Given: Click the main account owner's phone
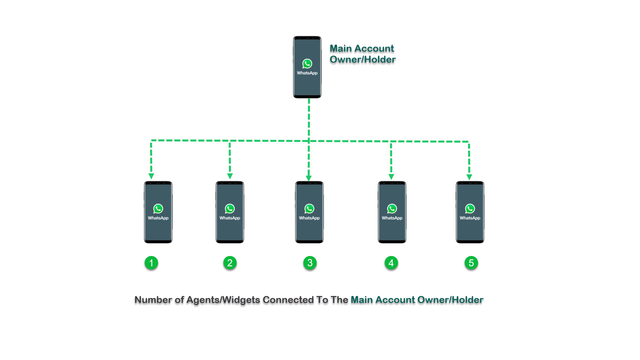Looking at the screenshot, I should pyautogui.click(x=307, y=83).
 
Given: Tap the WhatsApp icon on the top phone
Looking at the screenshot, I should pyautogui.click(x=307, y=64).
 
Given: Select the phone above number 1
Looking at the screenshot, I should pyautogui.click(x=158, y=230).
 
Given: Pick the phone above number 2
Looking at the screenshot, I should pyautogui.click(x=230, y=230).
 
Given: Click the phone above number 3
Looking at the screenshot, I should pyautogui.click(x=309, y=230).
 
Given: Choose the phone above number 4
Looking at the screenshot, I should pyautogui.click(x=392, y=230).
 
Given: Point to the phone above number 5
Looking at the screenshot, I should pyautogui.click(x=470, y=230).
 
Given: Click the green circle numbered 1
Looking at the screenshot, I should pyautogui.click(x=151, y=263).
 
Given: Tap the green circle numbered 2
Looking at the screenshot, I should pyautogui.click(x=230, y=263).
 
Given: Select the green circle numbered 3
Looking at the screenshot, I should pyautogui.click(x=310, y=263).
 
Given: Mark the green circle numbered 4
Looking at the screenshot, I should pyautogui.click(x=391, y=263).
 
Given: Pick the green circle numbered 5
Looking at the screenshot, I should pyautogui.click(x=471, y=263).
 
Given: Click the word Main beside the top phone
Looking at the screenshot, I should pyautogui.click(x=341, y=48).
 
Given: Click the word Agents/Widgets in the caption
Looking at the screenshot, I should pyautogui.click(x=223, y=300).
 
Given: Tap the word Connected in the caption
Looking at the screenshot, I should pyautogui.click(x=288, y=300).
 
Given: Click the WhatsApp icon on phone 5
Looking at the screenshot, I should pyautogui.click(x=470, y=209).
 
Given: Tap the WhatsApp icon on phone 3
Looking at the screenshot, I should pyautogui.click(x=309, y=209).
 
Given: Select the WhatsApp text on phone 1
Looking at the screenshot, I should pyautogui.click(x=158, y=218).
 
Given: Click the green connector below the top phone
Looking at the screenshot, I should pyautogui.click(x=314, y=118).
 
